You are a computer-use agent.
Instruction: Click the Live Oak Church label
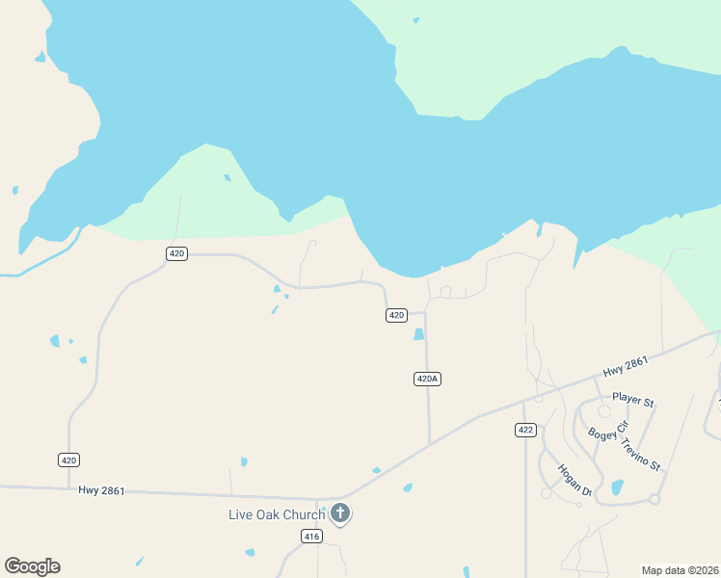277,514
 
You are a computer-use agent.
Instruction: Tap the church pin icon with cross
340,512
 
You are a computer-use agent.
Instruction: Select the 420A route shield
428,379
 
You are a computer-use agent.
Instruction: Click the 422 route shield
525,430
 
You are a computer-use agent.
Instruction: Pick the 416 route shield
310,537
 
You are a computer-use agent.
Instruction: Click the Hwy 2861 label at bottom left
102,490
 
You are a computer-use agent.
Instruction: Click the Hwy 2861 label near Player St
627,367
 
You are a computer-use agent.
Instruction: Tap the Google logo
32,566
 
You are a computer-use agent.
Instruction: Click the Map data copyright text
680,570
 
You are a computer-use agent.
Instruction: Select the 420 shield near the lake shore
176,253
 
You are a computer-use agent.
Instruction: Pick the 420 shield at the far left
68,460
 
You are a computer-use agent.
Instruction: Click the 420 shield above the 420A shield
396,315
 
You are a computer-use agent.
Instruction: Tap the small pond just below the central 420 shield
418,334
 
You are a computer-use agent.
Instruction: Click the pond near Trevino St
617,486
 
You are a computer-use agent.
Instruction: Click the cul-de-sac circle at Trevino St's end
654,498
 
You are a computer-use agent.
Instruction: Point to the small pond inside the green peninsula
227,177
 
